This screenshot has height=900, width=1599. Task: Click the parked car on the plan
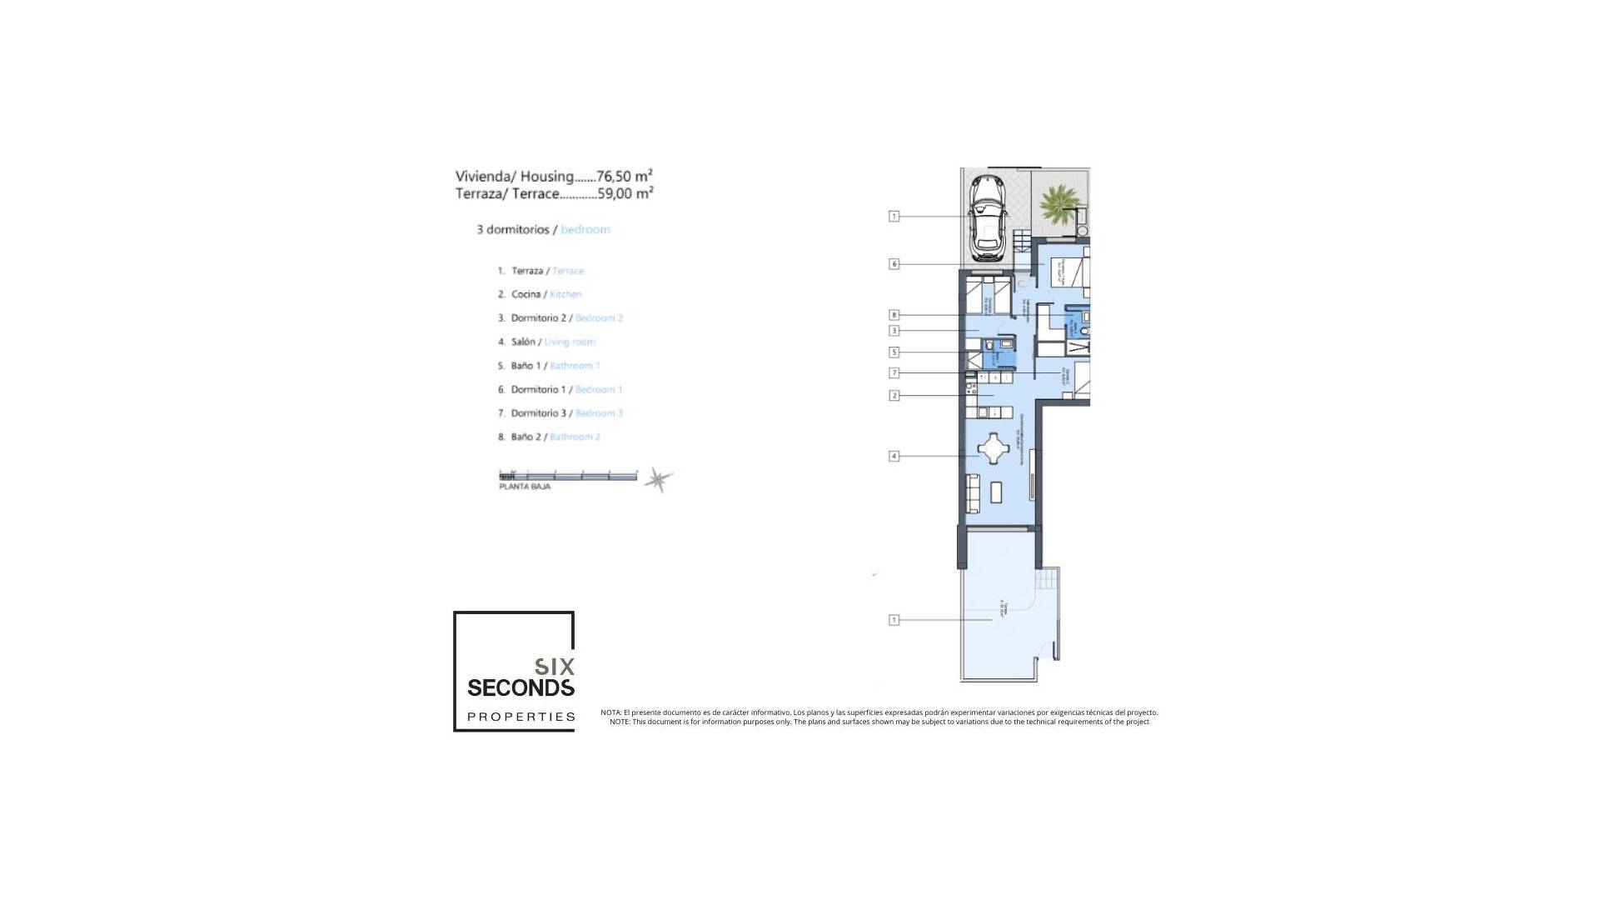tap(989, 217)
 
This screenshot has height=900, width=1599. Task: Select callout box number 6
tap(894, 264)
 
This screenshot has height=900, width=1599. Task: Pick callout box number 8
tap(894, 315)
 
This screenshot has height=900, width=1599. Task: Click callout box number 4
tap(894, 456)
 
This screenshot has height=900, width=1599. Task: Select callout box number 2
tap(894, 395)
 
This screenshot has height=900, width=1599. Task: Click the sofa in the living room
tap(972, 492)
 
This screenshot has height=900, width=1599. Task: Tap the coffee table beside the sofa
tap(997, 492)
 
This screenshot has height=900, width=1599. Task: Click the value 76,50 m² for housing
tap(624, 176)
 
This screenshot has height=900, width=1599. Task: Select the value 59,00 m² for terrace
tap(625, 193)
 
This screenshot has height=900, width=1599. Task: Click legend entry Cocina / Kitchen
tap(545, 294)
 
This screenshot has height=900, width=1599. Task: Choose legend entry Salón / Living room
tap(552, 342)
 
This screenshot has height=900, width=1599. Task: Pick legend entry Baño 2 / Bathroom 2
tap(555, 437)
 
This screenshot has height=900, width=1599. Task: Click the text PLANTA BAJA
tap(525, 486)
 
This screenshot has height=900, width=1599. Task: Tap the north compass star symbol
tap(659, 479)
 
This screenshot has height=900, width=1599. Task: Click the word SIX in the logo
tap(554, 667)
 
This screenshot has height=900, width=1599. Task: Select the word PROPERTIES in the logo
tap(521, 717)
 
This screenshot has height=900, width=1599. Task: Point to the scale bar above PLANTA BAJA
tap(568, 476)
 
